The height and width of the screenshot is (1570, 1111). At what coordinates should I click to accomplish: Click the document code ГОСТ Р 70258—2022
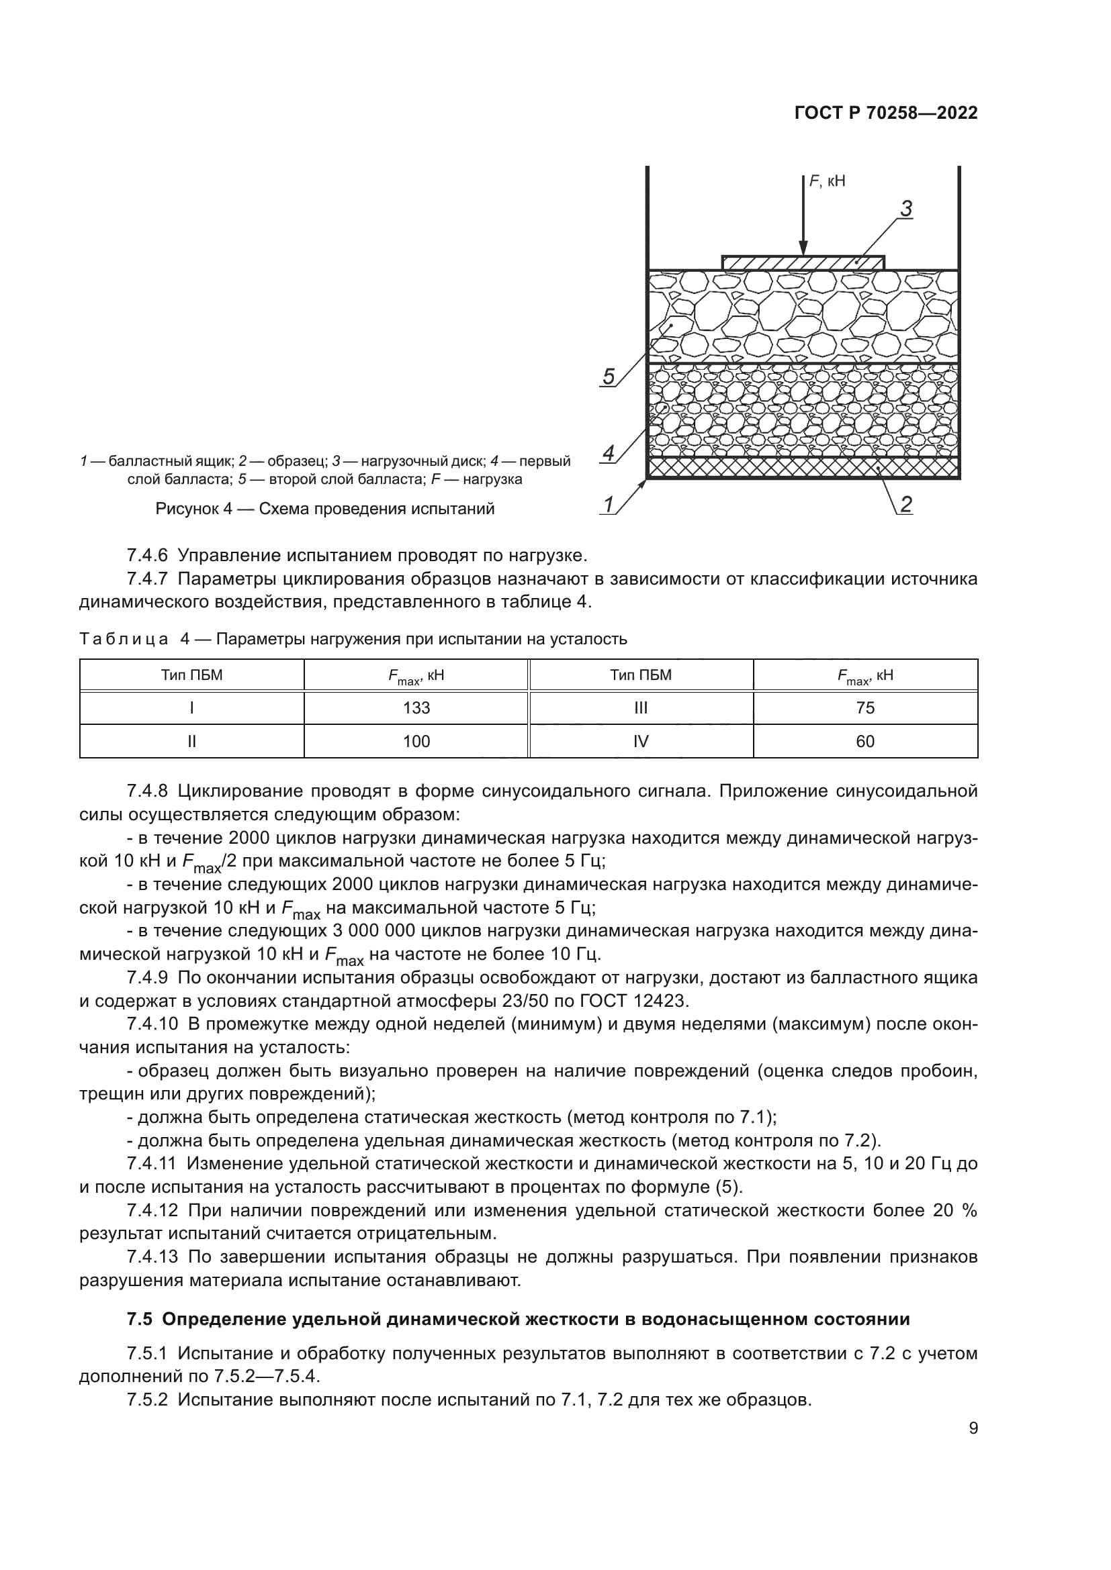pyautogui.click(x=886, y=113)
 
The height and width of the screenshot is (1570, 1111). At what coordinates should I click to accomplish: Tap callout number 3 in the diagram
pyautogui.click(x=905, y=209)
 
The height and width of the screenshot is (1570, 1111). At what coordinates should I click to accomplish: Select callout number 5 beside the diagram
pyautogui.click(x=608, y=377)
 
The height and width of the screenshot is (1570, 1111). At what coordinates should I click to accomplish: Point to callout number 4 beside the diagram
pyautogui.click(x=608, y=452)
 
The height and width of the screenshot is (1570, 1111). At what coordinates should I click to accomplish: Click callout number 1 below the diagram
pyautogui.click(x=607, y=505)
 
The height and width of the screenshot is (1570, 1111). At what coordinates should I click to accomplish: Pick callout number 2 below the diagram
pyautogui.click(x=905, y=505)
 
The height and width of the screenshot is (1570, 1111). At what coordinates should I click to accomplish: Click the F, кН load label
pyautogui.click(x=827, y=181)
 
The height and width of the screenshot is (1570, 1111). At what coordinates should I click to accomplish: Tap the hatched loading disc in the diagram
pyautogui.click(x=803, y=262)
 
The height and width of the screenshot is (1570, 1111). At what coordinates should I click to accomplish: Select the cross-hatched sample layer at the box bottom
pyautogui.click(x=803, y=467)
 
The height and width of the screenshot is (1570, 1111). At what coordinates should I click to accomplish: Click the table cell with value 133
pyautogui.click(x=416, y=707)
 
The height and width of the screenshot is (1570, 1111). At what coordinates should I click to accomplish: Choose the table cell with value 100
pyautogui.click(x=416, y=741)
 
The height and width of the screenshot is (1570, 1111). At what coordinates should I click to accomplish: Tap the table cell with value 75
pyautogui.click(x=864, y=707)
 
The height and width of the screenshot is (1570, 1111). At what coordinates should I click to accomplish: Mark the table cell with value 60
pyautogui.click(x=864, y=741)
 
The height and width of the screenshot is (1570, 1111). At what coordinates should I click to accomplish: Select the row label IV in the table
pyautogui.click(x=640, y=741)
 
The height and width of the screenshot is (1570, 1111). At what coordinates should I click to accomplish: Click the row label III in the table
pyautogui.click(x=640, y=707)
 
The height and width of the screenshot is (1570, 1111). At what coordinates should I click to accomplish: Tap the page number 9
pyautogui.click(x=973, y=1428)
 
